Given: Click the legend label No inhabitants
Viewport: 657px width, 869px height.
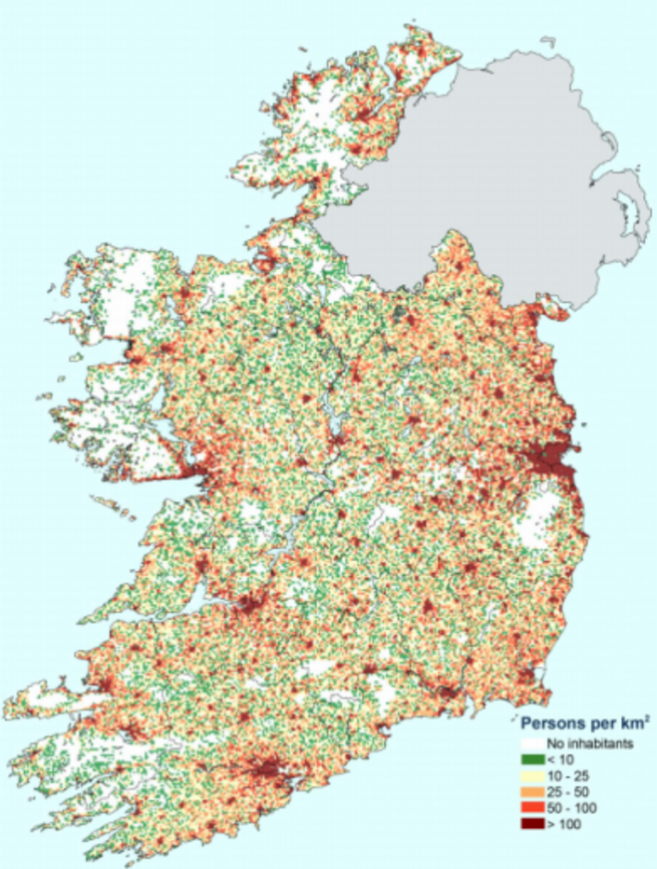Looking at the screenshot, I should (x=584, y=742).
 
